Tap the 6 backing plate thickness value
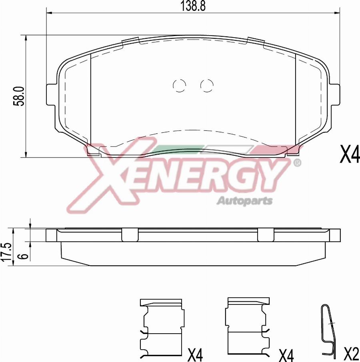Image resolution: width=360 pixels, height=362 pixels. coord(24,255)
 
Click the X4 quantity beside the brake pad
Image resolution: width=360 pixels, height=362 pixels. coord(350,155)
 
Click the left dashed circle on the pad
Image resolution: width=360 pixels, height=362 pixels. coord(179,85)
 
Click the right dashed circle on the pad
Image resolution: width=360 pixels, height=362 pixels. coord(207,85)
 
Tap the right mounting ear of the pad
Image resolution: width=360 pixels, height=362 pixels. coord(335,95)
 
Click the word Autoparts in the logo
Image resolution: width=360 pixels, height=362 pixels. coord(244,201)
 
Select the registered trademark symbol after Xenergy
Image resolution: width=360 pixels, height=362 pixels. coord(297,163)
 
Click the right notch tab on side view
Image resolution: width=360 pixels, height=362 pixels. coord(266,235)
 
